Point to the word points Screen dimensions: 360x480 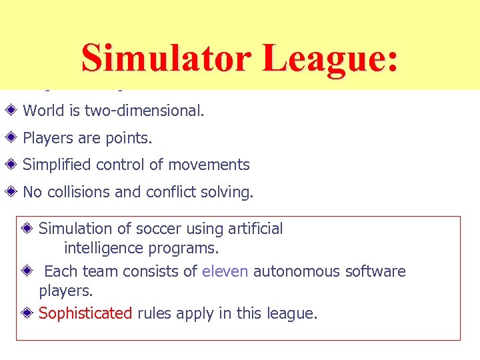(129, 138)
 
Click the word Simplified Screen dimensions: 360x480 (56, 165)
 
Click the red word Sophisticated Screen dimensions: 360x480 (85, 313)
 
